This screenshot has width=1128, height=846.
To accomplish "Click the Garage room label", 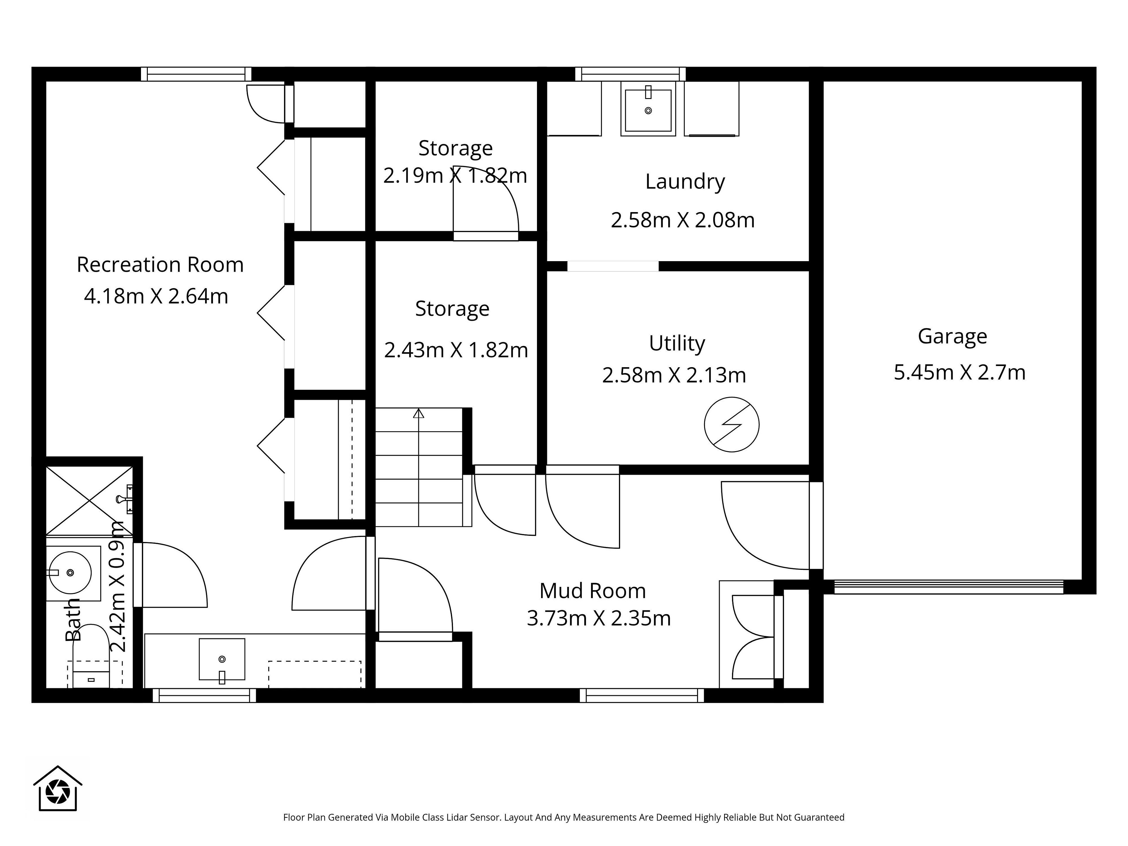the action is click(x=952, y=337).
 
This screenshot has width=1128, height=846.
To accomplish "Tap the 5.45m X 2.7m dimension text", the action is click(x=959, y=372).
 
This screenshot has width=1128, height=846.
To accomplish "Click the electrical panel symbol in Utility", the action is click(x=731, y=424).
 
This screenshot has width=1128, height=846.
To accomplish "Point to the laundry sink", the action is click(x=648, y=109).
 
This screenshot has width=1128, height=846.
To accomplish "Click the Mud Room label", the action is click(x=592, y=590).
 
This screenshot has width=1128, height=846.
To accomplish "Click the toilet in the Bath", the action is click(x=91, y=656).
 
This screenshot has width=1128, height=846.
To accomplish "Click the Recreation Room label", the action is click(x=160, y=265).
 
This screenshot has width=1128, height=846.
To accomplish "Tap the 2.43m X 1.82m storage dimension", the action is click(x=456, y=350).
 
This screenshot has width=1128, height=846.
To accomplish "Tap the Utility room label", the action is click(x=677, y=344).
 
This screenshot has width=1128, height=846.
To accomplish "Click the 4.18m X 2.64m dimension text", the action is click(x=156, y=296).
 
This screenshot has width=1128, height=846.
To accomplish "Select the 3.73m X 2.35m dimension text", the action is click(x=599, y=619).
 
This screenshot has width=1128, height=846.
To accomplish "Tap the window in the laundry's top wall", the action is click(x=630, y=74).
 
